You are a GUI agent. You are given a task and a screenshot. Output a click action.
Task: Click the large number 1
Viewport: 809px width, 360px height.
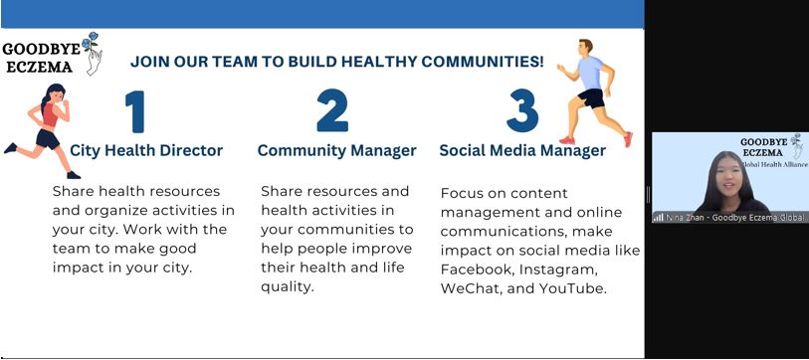pos(135,111)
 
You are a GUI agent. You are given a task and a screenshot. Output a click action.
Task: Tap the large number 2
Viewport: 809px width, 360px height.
pos(332,110)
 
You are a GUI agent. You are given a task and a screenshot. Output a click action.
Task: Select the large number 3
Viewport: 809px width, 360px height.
pos(522,110)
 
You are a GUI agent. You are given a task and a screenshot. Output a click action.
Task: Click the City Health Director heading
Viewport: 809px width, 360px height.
pos(146,150)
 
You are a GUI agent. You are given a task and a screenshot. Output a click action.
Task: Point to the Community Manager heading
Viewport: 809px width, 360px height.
pos(337,150)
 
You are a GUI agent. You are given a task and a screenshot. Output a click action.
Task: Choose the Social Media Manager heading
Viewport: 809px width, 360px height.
pos(522,150)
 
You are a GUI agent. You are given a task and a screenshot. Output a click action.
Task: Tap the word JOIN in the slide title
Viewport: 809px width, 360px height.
pos(149,62)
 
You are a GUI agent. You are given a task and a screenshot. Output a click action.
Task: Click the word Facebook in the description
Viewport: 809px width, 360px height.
pos(477,270)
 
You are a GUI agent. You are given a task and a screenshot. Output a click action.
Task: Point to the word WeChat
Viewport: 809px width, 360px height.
pos(471,288)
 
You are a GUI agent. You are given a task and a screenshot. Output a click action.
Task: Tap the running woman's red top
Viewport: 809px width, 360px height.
pos(50,115)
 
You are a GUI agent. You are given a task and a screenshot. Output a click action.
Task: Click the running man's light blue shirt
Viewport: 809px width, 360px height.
pos(590,73)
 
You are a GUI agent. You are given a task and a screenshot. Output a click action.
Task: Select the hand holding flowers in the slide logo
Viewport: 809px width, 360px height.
pos(94,58)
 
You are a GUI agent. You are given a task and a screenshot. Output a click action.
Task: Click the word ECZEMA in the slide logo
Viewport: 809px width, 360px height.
pos(39,68)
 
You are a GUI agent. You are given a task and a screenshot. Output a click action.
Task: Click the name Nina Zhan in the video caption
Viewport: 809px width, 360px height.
pos(687,218)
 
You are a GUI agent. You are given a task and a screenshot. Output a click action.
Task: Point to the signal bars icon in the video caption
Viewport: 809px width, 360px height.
pos(659,218)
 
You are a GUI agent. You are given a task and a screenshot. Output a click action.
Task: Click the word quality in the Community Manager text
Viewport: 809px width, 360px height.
pos(287,287)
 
